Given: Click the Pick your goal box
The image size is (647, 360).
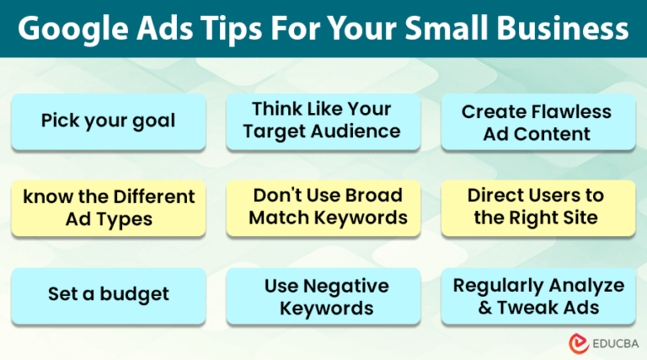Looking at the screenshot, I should [x=108, y=121].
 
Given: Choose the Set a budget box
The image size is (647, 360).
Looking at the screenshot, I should [x=108, y=294].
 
